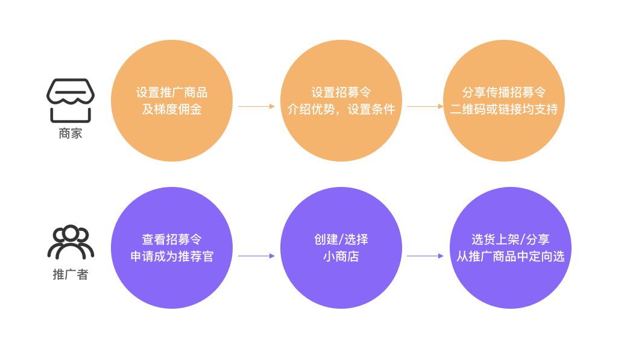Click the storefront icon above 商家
[71, 100]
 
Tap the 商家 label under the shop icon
[71, 134]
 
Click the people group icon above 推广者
[71, 242]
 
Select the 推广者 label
[71, 274]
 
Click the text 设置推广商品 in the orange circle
[171, 92]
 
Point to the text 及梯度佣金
[171, 109]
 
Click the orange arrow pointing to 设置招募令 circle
[256, 107]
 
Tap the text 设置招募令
[341, 92]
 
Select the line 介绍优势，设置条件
[341, 109]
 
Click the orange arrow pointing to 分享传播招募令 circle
[425, 107]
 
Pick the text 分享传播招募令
[504, 92]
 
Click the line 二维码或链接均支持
[504, 109]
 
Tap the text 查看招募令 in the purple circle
[171, 239]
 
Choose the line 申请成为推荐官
[171, 256]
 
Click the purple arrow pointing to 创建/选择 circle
[256, 256]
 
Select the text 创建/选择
[341, 239]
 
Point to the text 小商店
[341, 256]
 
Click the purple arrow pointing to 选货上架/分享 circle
[425, 256]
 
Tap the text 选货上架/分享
[510, 239]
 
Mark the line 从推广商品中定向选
[510, 256]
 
